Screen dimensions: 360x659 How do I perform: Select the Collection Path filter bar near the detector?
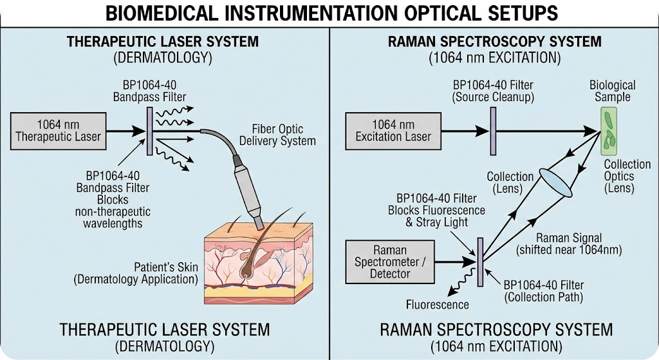[x=479, y=261]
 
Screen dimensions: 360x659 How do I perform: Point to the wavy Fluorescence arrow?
[x=461, y=284]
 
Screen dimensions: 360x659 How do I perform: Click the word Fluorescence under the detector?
[x=437, y=304]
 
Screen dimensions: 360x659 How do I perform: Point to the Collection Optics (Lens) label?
[x=619, y=176]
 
